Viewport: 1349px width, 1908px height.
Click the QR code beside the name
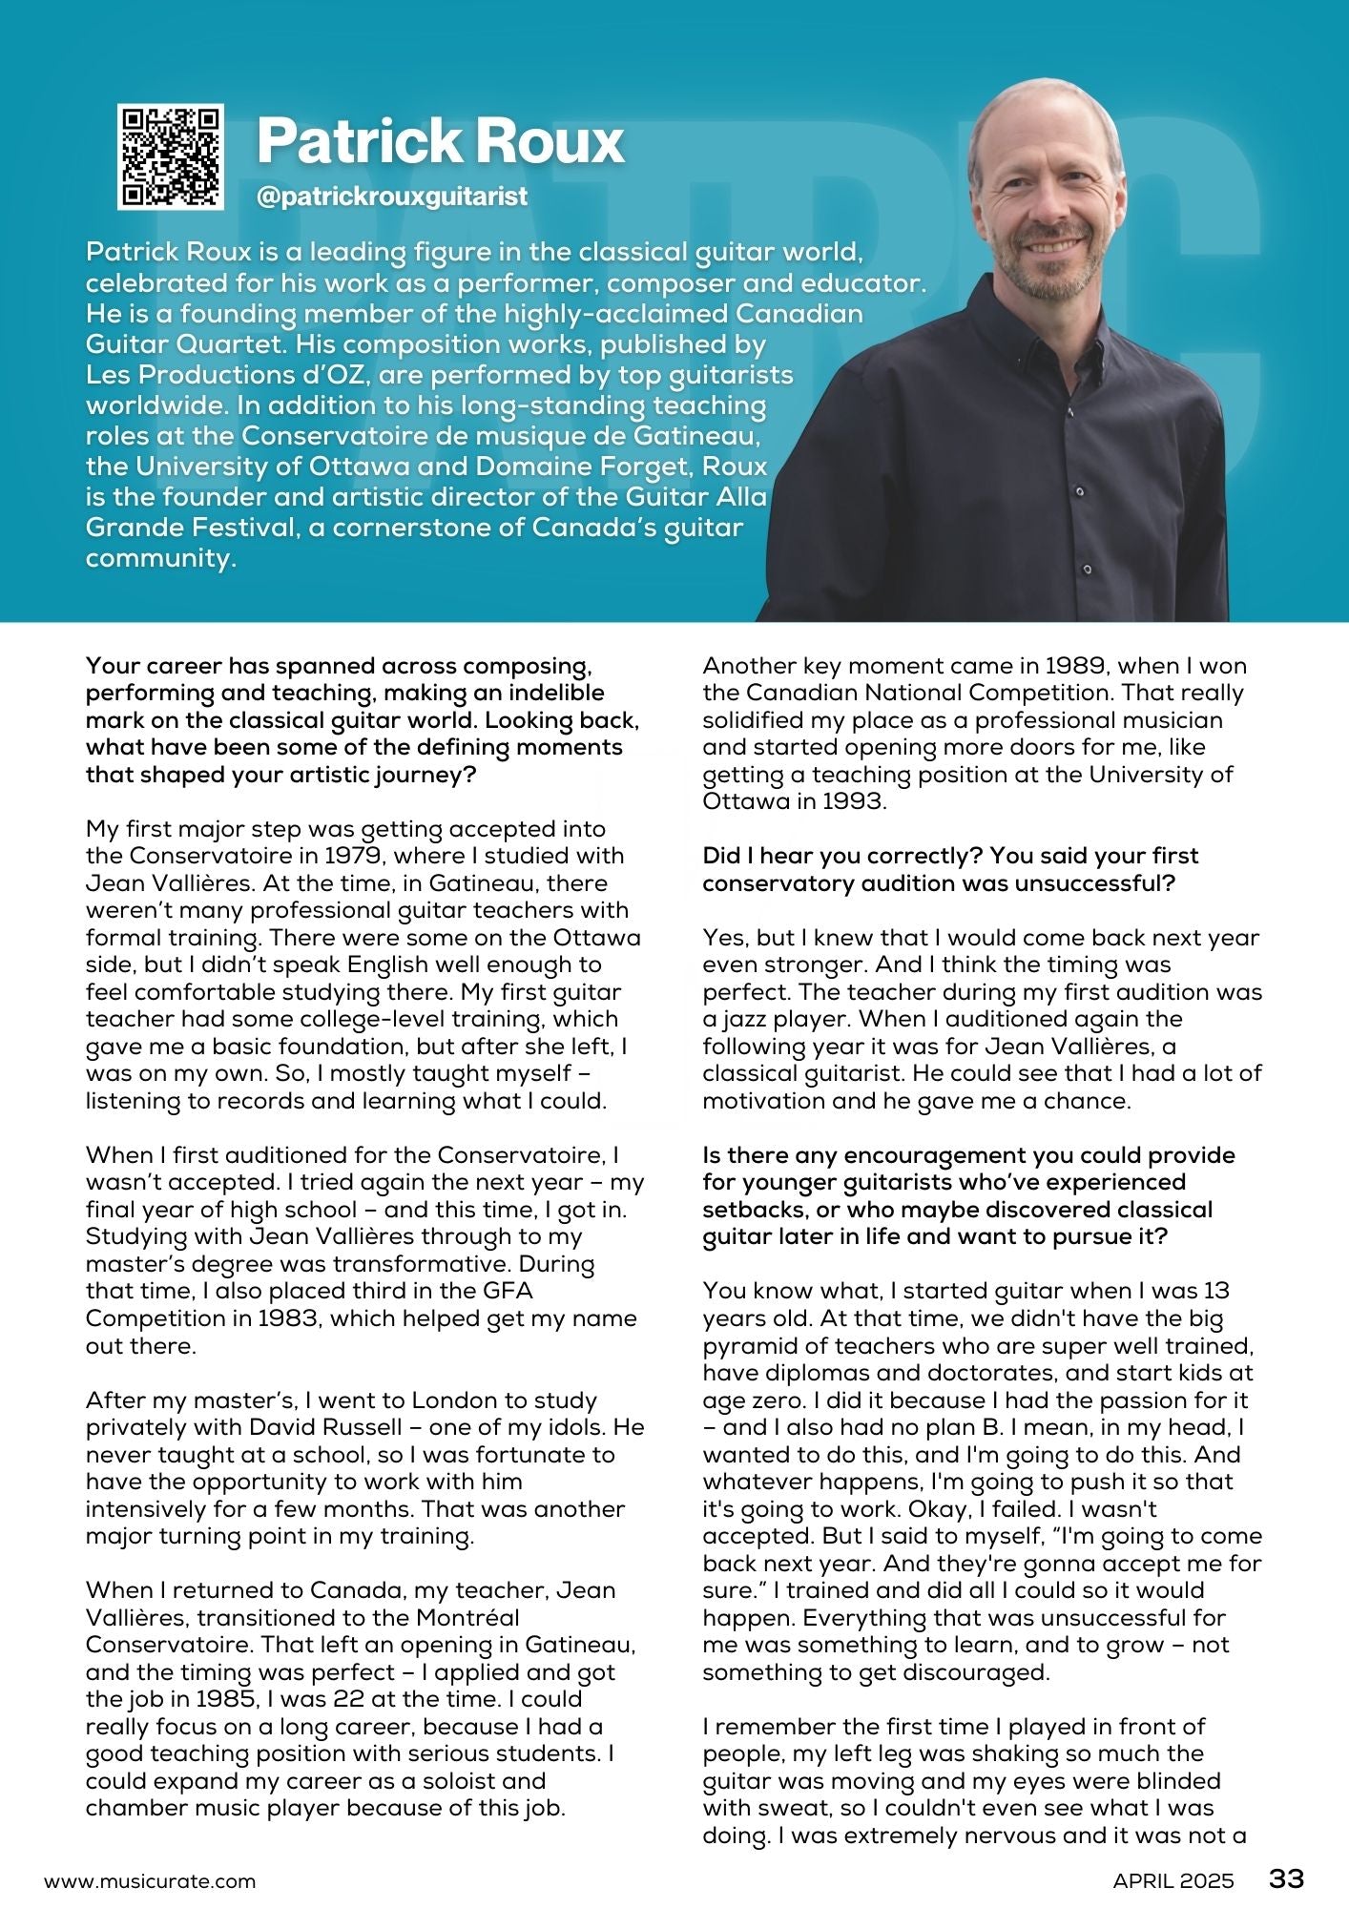pos(171,156)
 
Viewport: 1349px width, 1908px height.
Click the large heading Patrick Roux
pos(440,141)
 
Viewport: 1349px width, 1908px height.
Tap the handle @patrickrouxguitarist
pos(392,197)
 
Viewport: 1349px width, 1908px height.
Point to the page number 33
pos(1286,1878)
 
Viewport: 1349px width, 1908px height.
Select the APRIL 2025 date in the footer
pos(1173,1881)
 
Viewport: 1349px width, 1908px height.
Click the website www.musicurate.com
pos(150,1881)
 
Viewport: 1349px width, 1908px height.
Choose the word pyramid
pos(748,1346)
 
